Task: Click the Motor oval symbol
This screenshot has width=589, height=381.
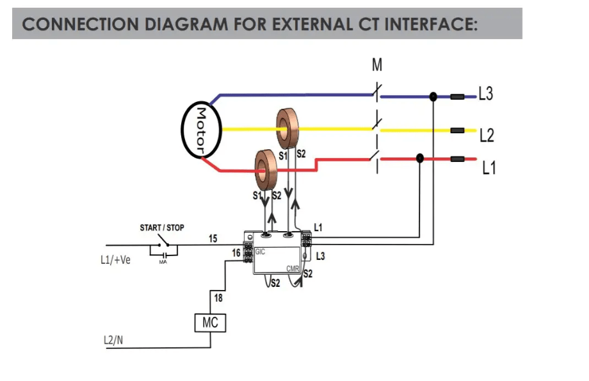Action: (x=200, y=130)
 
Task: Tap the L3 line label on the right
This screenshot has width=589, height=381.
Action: (x=486, y=94)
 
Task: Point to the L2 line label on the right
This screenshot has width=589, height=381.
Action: (x=487, y=135)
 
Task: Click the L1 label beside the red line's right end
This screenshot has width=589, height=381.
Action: (x=489, y=168)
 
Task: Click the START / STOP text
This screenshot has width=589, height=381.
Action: (x=162, y=228)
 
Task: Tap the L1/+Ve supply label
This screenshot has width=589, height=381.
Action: (x=116, y=260)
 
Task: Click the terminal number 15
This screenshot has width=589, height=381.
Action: (x=213, y=239)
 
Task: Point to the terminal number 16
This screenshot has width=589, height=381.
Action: (x=236, y=254)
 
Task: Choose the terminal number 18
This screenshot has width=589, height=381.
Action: (x=218, y=298)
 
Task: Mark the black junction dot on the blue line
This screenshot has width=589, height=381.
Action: (x=433, y=97)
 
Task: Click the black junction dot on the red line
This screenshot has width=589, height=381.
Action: (x=420, y=158)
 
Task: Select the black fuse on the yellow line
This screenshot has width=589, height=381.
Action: (x=458, y=130)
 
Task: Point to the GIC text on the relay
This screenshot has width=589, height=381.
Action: (x=260, y=252)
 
